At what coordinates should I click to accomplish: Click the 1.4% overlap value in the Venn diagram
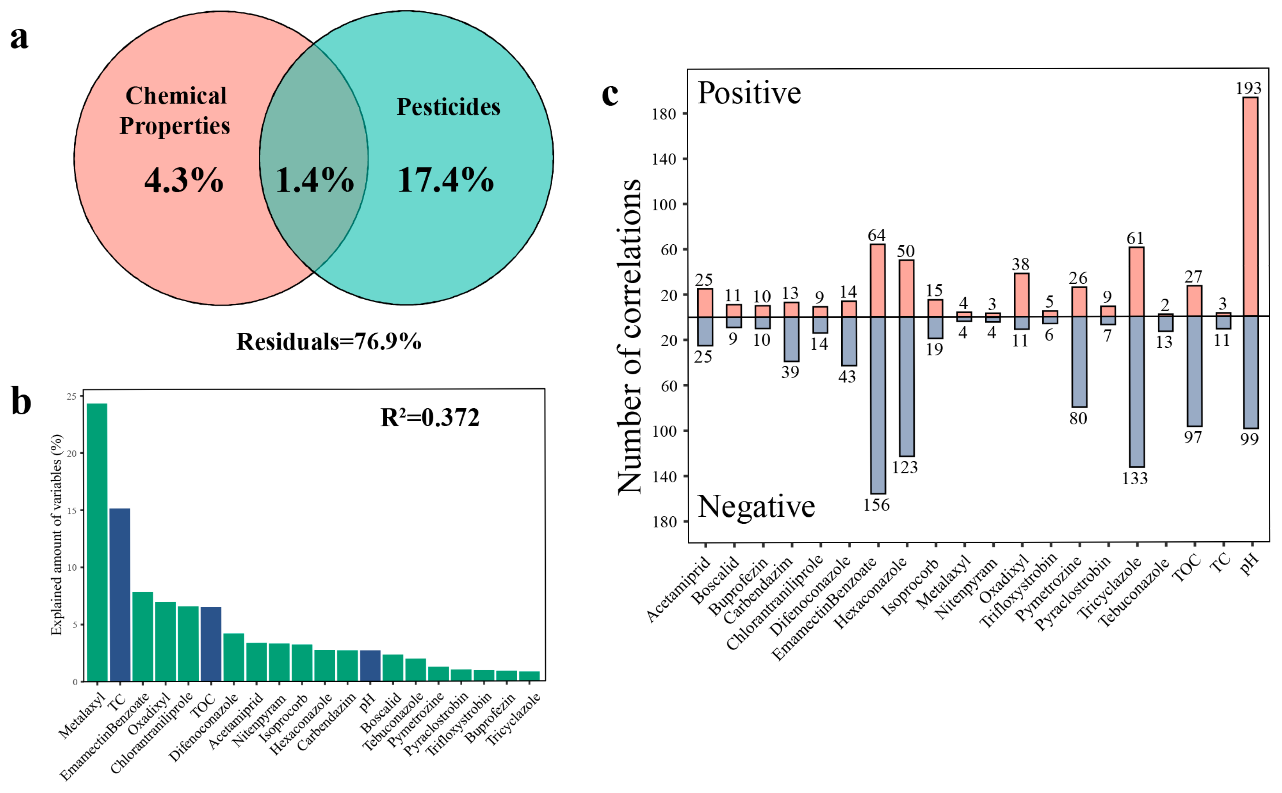[x=315, y=180]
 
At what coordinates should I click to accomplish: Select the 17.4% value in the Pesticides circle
[x=445, y=180]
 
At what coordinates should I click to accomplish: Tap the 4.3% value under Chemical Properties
[x=184, y=180]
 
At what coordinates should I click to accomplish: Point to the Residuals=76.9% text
[x=329, y=341]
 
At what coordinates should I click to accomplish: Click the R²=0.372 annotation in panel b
[x=429, y=418]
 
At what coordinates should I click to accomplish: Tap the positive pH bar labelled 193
[x=1250, y=207]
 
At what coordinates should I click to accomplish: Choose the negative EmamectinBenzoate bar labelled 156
[x=878, y=405]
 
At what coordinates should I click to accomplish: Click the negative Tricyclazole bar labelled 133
[x=1137, y=391]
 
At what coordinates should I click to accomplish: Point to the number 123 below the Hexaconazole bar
[x=905, y=467]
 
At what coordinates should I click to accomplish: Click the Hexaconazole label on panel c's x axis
[x=871, y=593]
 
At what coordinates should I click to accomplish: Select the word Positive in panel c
[x=749, y=93]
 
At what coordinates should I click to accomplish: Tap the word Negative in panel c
[x=756, y=507]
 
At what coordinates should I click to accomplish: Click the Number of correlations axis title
[x=629, y=336]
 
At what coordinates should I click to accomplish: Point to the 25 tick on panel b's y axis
[x=71, y=396]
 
